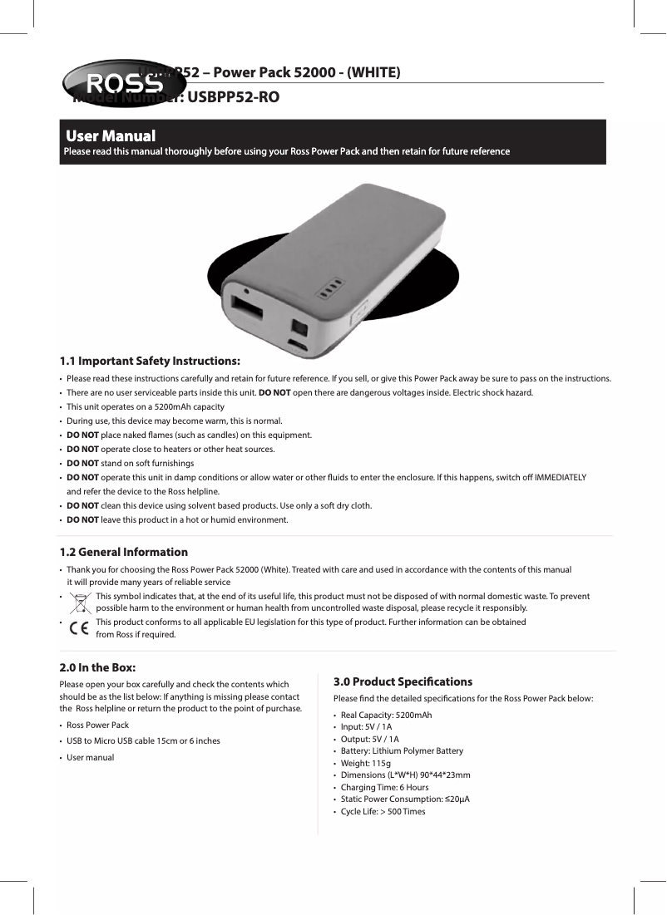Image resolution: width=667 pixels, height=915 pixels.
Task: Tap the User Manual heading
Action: (x=111, y=135)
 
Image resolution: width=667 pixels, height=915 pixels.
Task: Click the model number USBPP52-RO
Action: (x=233, y=97)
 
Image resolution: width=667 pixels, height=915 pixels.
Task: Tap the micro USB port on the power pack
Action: (x=296, y=342)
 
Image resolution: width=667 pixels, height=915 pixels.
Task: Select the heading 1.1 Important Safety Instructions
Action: (x=150, y=361)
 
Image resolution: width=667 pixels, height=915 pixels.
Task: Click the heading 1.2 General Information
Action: (x=123, y=552)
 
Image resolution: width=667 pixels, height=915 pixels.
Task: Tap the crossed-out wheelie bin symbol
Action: (x=80, y=602)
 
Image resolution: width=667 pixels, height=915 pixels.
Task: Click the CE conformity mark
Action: (x=80, y=628)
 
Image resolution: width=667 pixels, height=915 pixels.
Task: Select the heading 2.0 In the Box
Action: (x=97, y=667)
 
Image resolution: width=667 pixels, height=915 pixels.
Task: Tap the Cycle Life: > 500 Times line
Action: (x=383, y=811)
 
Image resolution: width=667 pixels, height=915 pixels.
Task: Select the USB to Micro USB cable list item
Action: (x=143, y=740)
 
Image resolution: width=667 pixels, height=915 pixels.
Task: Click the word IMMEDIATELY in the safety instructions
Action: (x=560, y=477)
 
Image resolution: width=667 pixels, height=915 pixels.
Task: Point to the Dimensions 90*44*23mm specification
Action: (x=405, y=775)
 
